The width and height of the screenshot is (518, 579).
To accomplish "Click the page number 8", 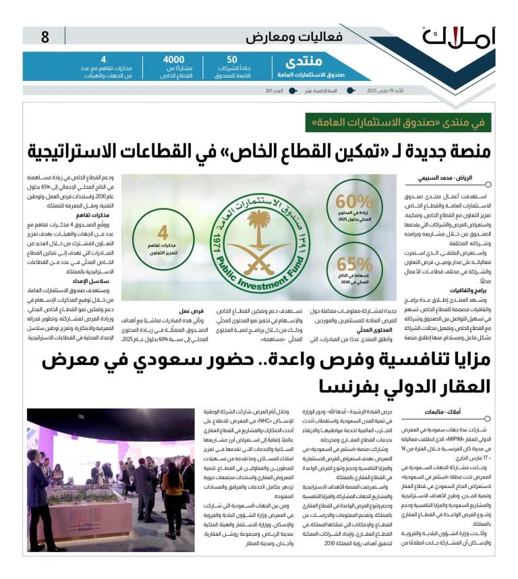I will (45, 38).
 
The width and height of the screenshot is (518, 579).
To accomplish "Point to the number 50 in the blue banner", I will (232, 59).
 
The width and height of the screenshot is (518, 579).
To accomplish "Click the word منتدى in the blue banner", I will (295, 61).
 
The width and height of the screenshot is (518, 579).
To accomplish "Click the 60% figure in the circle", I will (354, 202).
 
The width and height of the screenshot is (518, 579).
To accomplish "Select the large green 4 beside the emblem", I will (163, 234).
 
